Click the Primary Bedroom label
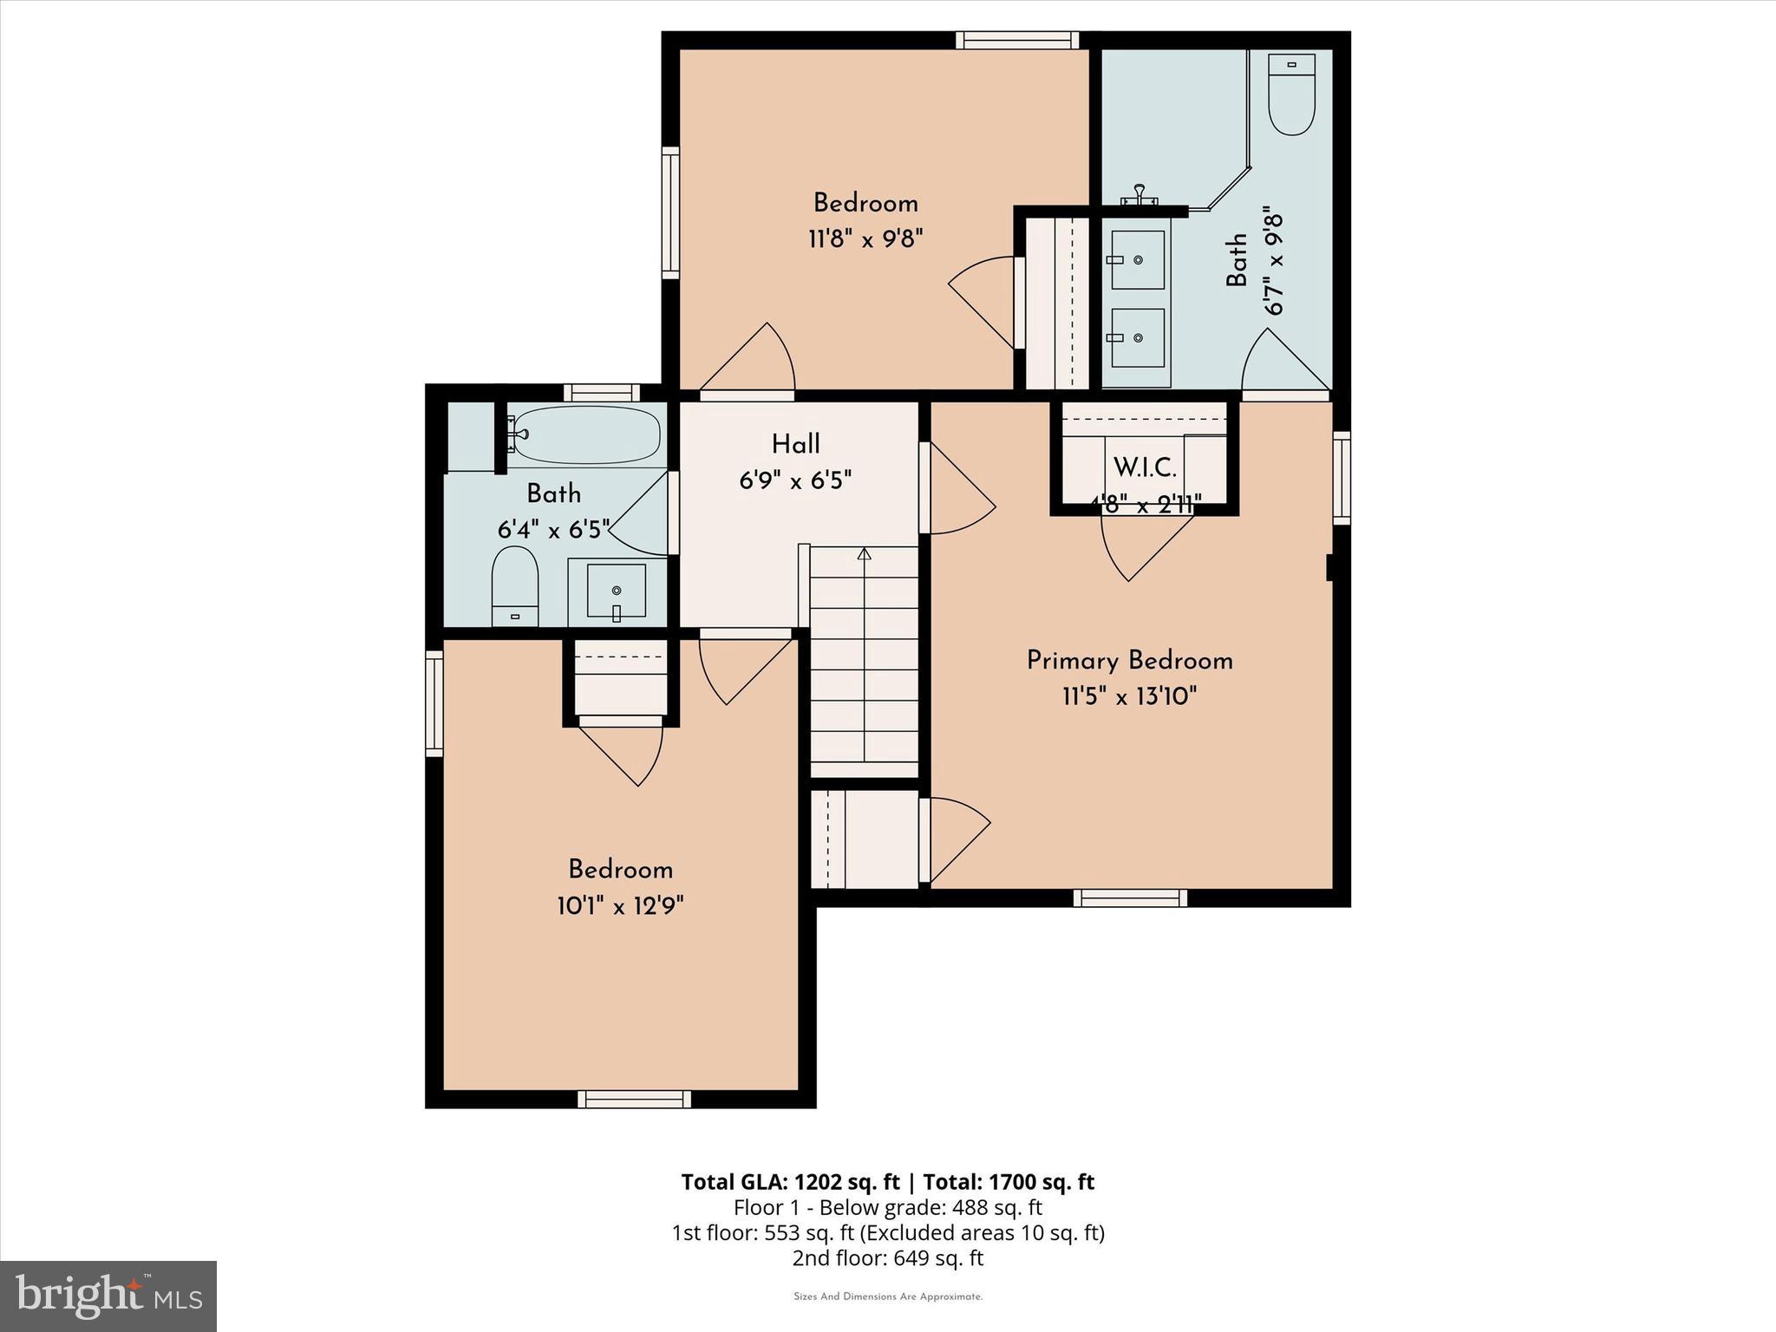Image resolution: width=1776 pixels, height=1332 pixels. coord(1129,661)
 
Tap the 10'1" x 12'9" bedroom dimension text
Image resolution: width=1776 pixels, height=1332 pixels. coord(620,906)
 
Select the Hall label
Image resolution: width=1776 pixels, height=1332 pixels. coord(795,445)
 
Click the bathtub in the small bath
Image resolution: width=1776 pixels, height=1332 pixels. coord(586,434)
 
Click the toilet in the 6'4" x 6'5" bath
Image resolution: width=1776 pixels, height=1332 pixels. coord(515,584)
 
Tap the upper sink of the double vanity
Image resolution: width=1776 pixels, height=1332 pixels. coord(1137,259)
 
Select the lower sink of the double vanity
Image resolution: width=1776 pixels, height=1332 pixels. coord(1137,338)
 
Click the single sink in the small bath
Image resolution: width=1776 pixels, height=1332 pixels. coord(616,591)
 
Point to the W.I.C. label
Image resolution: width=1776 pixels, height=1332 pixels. coord(1145,468)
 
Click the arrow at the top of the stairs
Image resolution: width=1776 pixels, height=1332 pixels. coord(864,553)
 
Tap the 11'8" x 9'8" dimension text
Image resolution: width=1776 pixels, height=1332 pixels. coord(865,238)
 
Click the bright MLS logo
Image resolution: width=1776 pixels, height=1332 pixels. coord(108,1296)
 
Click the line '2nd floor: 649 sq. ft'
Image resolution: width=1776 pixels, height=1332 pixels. coord(887,1258)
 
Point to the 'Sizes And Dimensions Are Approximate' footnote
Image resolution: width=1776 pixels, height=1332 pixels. coord(887,1297)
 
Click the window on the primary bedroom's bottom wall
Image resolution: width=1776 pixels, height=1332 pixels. coord(1129,898)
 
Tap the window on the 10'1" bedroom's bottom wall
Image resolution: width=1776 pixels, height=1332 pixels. coord(634,1100)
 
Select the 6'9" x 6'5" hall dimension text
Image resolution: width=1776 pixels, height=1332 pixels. coord(795,480)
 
